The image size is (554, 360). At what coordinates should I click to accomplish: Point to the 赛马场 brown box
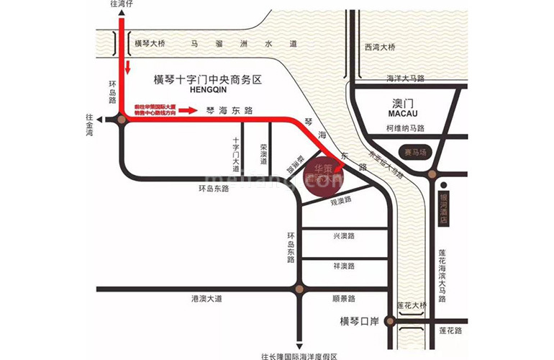click(x=416, y=153)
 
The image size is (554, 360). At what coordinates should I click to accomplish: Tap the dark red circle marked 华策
click(x=322, y=177)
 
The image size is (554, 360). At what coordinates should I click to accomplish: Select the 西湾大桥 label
click(x=380, y=47)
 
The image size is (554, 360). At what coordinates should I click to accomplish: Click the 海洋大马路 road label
click(x=405, y=78)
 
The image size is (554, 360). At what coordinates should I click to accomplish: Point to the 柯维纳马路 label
click(x=405, y=129)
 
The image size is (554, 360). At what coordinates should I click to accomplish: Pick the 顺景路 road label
click(x=345, y=297)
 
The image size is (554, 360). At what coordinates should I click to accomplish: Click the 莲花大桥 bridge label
click(x=412, y=306)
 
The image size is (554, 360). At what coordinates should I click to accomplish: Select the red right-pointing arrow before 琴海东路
click(x=187, y=111)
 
